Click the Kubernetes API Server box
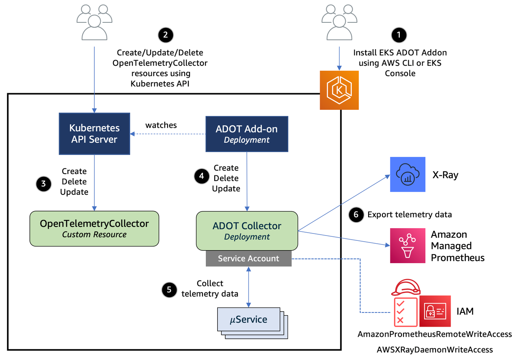click(x=94, y=134)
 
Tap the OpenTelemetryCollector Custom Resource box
click(x=94, y=228)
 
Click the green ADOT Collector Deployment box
click(x=247, y=231)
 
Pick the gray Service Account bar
click(x=249, y=258)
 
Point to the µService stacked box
click(x=249, y=320)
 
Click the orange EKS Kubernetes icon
click(x=339, y=90)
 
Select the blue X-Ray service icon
click(x=407, y=175)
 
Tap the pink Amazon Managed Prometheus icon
click(x=407, y=246)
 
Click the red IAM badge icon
click(x=435, y=311)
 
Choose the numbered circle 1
click(x=399, y=35)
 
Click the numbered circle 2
click(x=165, y=35)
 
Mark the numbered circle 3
click(x=44, y=184)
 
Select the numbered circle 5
click(x=169, y=289)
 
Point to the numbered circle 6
click(x=356, y=215)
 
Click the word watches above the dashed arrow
click(x=161, y=125)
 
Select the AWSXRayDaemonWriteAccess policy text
click(x=434, y=349)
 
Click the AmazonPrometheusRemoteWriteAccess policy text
click(x=434, y=334)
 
